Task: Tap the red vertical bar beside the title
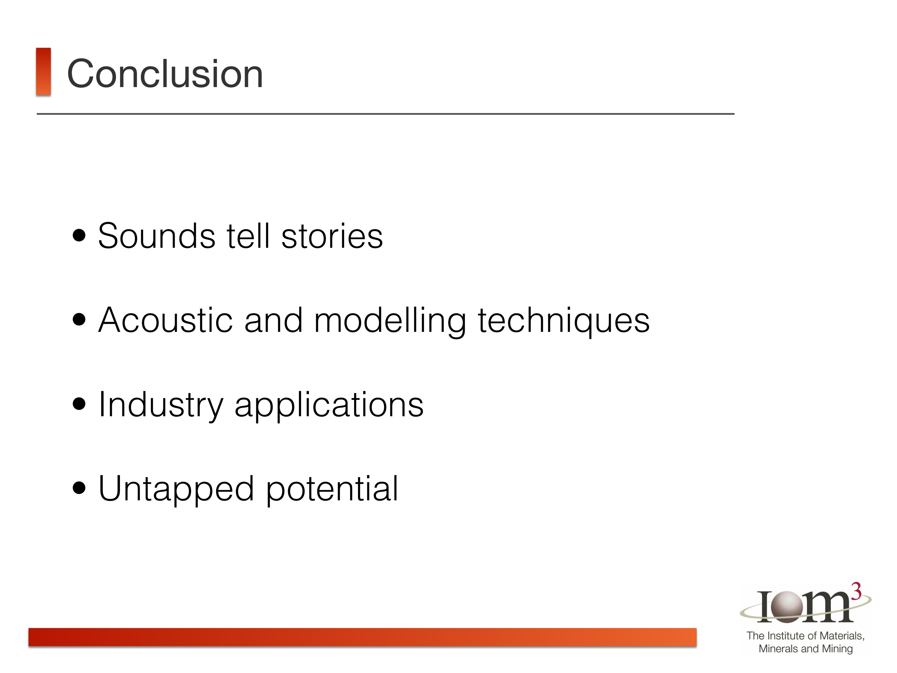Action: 43,72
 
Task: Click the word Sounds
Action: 156,236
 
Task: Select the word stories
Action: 332,236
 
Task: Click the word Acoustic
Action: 165,320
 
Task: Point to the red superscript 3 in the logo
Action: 856,592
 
